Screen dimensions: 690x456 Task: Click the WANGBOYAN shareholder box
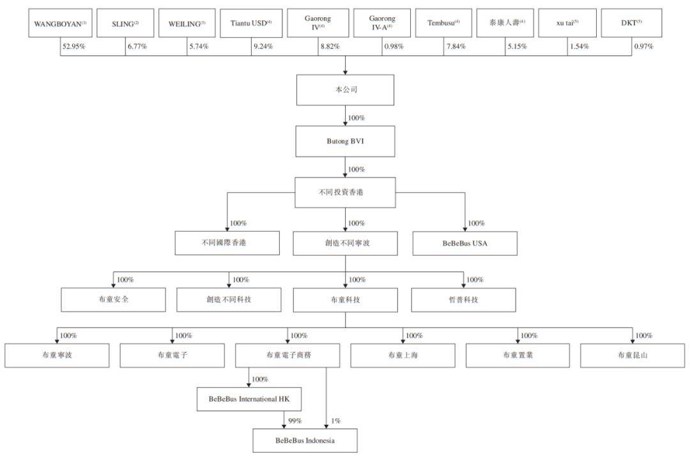coord(60,23)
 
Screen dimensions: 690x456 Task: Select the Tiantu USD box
coord(251,23)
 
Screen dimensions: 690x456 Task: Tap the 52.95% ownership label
coord(73,46)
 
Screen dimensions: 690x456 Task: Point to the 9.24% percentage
coord(263,46)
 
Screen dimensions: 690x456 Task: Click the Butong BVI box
coord(345,141)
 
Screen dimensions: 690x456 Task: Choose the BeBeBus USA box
coord(464,243)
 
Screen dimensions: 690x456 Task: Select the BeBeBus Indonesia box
coord(305,440)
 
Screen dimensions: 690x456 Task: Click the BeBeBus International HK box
coord(249,399)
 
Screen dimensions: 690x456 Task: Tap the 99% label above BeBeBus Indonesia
coord(295,421)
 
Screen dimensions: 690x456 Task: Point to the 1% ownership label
coord(336,421)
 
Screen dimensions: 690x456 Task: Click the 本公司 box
coord(345,89)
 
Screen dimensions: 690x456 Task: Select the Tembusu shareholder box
coord(443,23)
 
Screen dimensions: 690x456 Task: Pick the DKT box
coord(631,23)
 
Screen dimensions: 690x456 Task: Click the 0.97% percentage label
coord(644,46)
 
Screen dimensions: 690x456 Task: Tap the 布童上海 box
coord(402,355)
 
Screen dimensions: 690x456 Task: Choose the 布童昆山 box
coord(632,355)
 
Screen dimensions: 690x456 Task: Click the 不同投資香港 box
coord(345,193)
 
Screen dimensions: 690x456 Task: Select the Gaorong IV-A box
coord(382,23)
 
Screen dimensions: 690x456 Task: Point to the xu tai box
coord(567,23)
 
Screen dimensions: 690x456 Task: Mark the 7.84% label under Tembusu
coord(456,46)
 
